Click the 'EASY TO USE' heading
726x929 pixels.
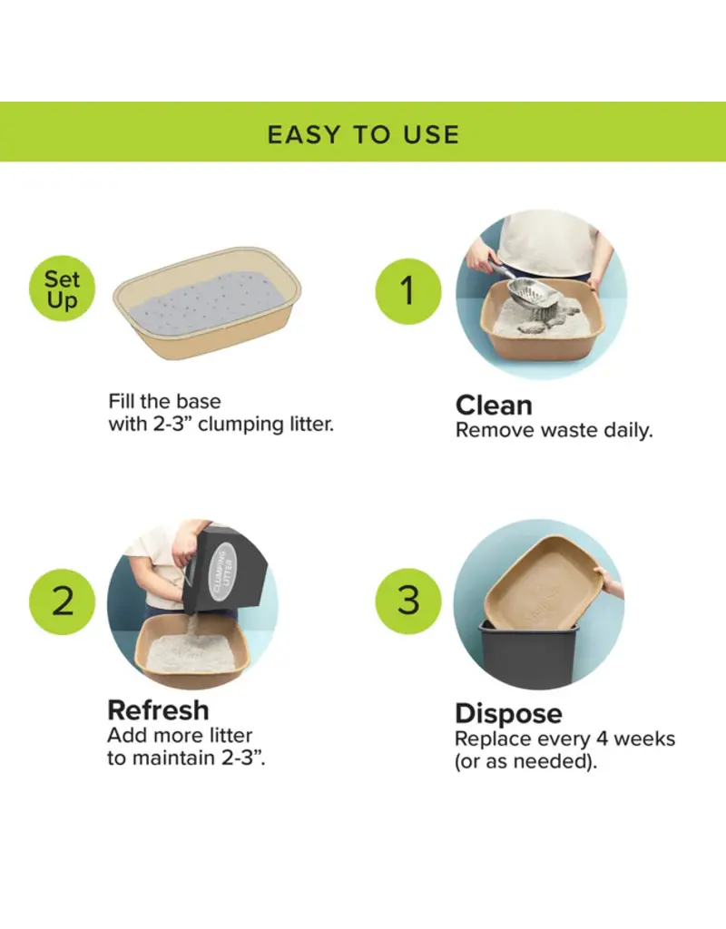click(363, 135)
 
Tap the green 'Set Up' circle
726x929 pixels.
click(62, 290)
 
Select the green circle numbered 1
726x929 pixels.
click(407, 290)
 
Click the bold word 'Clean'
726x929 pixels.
click(494, 405)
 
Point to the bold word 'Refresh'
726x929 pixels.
click(158, 709)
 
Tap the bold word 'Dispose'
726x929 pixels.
click(508, 713)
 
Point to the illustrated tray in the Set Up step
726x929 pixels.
click(207, 304)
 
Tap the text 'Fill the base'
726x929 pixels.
click(164, 401)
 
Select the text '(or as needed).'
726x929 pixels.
click(526, 762)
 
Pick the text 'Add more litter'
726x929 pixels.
click(180, 735)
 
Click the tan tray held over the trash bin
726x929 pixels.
click(543, 581)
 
